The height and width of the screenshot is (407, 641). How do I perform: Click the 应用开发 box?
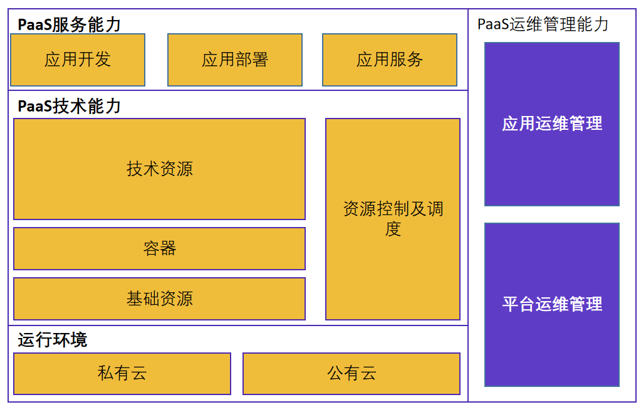tap(78, 60)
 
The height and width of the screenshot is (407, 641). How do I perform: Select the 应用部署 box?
tap(235, 60)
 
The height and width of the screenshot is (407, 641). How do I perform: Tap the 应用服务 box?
tap(390, 60)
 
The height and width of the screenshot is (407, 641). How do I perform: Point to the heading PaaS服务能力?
tap(69, 24)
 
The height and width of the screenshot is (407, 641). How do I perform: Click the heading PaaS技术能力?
tap(69, 106)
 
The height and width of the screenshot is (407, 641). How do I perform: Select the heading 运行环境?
tap(53, 340)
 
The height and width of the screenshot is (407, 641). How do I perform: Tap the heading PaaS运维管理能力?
tap(543, 24)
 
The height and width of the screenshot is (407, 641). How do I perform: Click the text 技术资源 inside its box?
tap(160, 169)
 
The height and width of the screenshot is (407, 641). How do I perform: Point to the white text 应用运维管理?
tap(552, 124)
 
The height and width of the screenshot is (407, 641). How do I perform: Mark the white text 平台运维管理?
tap(552, 304)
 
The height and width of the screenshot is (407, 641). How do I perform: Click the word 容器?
tap(160, 248)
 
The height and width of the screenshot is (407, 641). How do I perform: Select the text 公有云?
tap(352, 374)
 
